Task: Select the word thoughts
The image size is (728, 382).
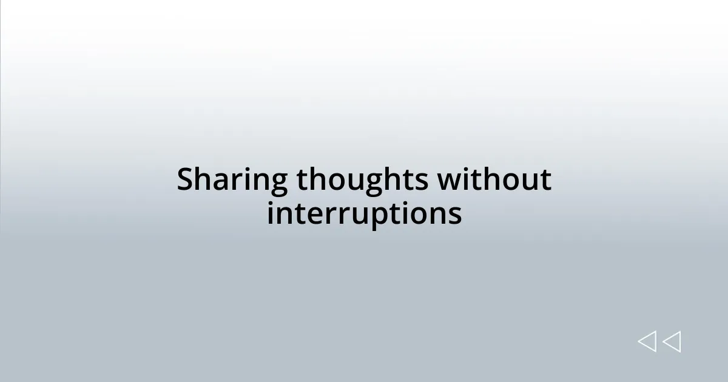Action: (363, 180)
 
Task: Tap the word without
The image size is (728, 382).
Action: (494, 180)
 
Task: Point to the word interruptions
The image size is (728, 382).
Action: (364, 213)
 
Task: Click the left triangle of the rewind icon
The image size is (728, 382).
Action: (647, 342)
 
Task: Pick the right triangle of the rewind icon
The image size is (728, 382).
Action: (672, 342)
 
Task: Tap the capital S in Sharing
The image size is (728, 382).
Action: (186, 180)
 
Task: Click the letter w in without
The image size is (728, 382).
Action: (449, 181)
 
